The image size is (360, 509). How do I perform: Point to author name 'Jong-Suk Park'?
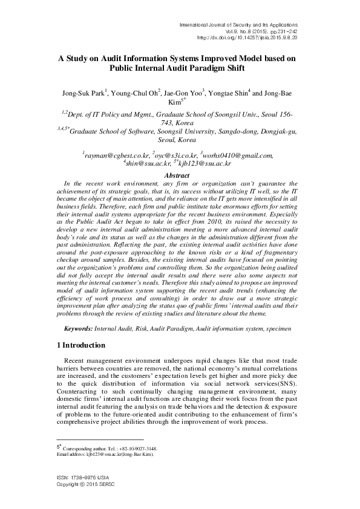(83, 93)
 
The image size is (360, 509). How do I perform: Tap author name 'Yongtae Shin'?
(229, 93)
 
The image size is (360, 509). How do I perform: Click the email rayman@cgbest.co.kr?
(116, 155)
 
